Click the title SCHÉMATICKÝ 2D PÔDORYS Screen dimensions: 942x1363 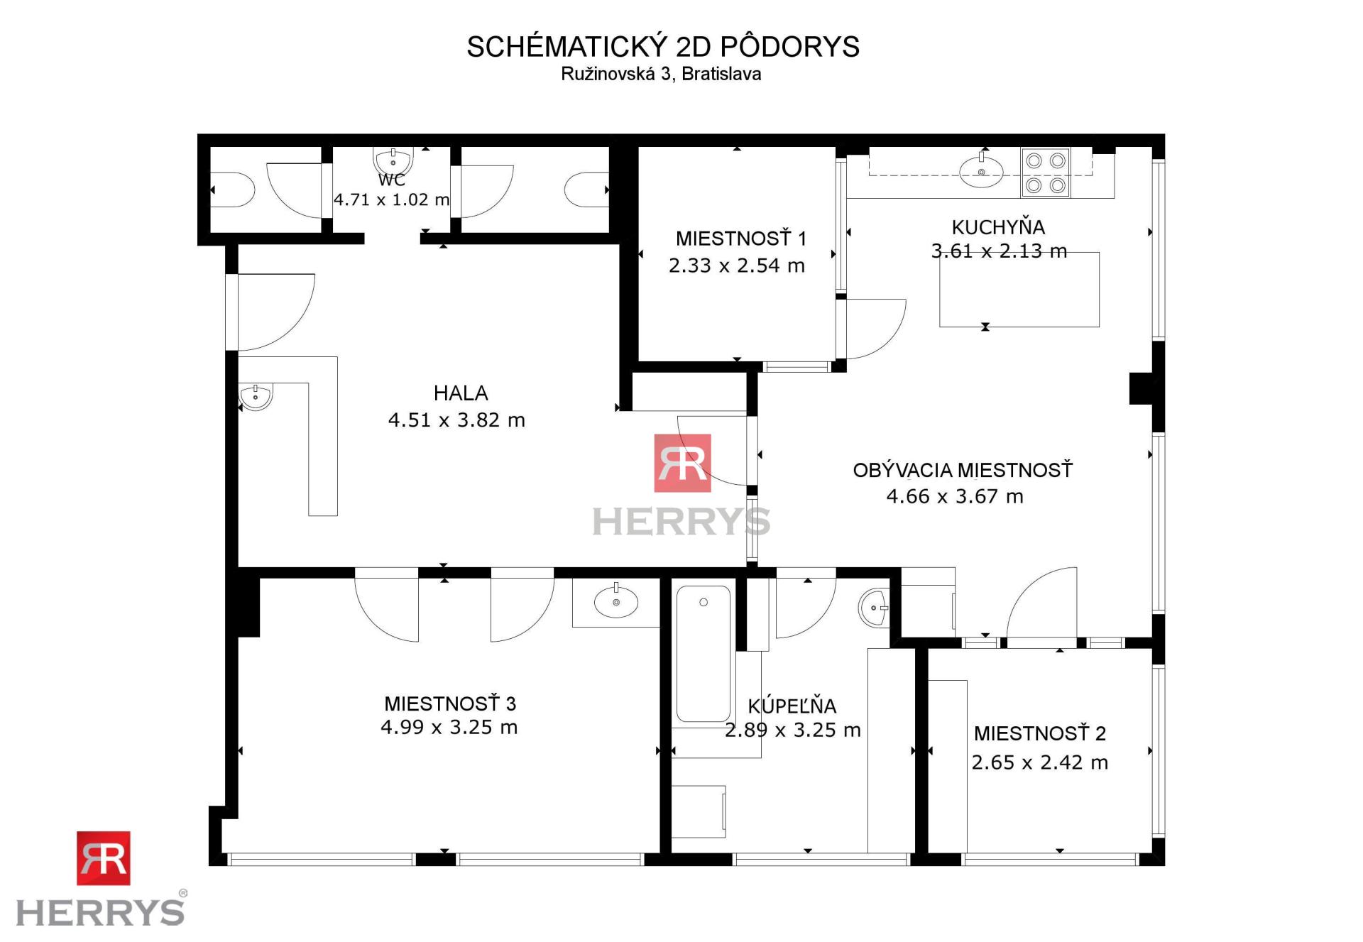[x=662, y=47]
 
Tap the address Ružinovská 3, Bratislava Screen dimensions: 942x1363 [x=661, y=75]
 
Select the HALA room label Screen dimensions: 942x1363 [x=461, y=393]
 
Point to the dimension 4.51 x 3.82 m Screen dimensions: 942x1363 [x=456, y=420]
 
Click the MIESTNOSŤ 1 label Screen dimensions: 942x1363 [x=740, y=239]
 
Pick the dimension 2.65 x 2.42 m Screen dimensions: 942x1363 [x=1039, y=763]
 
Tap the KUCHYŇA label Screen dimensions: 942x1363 [x=998, y=228]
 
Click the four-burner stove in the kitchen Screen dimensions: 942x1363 [x=1046, y=172]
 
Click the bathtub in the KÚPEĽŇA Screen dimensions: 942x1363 [x=703, y=653]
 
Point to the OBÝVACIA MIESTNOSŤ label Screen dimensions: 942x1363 [x=963, y=471]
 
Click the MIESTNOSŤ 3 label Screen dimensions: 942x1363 [x=450, y=704]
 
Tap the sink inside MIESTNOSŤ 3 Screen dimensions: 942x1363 [x=616, y=603]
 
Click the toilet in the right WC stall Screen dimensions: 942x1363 [x=586, y=190]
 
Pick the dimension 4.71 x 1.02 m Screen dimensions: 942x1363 [x=391, y=200]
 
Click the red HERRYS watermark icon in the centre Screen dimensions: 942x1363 [x=682, y=463]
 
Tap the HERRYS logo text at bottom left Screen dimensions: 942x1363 [x=100, y=912]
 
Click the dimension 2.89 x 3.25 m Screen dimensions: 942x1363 [x=792, y=730]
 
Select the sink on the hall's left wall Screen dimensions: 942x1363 [x=256, y=397]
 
